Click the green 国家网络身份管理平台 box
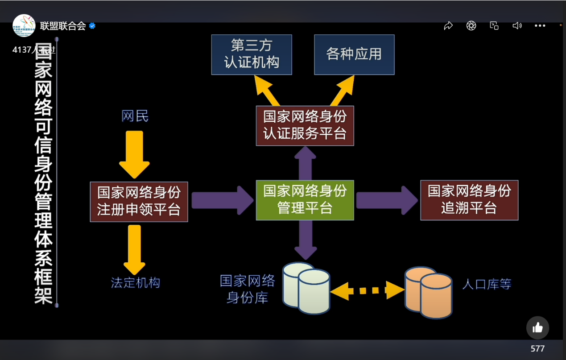point(305,200)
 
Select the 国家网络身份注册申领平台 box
point(139,202)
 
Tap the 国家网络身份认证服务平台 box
point(305,125)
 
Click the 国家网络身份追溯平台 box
point(469,200)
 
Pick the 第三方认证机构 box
point(252,54)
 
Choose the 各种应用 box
point(354,54)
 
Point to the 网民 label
point(135,116)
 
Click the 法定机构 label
point(135,283)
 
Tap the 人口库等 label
point(486,284)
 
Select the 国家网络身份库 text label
point(247,289)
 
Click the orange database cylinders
point(428,292)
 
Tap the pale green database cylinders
point(307,288)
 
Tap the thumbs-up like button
point(537,328)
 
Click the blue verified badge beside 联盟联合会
point(92,26)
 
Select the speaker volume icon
point(517,26)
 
